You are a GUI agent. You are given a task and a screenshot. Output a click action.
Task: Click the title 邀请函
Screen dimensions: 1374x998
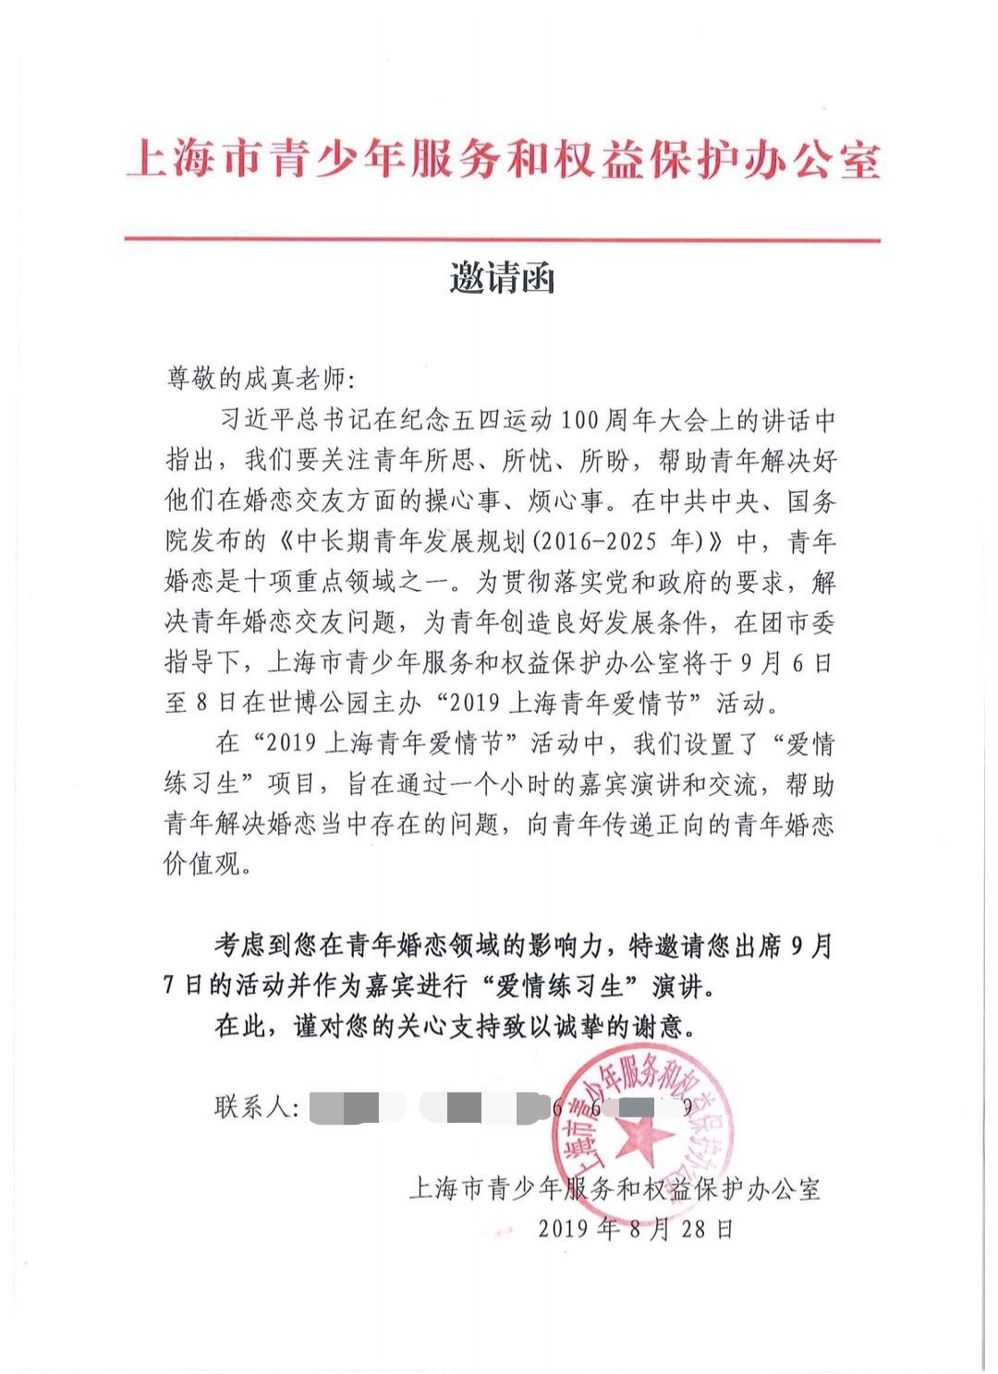click(x=502, y=277)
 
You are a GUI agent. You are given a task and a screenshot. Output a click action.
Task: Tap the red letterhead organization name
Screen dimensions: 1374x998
click(x=503, y=159)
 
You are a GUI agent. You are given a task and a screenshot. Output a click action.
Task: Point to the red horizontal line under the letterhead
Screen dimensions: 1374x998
click(x=503, y=240)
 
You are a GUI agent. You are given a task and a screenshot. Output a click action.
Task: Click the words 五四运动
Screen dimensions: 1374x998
click(x=500, y=421)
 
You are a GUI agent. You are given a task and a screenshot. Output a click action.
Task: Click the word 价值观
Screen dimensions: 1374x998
click(x=201, y=865)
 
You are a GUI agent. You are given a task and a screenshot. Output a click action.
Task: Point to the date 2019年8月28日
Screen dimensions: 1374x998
click(x=636, y=1229)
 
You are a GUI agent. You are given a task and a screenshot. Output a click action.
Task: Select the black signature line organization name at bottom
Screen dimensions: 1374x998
click(x=615, y=1188)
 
